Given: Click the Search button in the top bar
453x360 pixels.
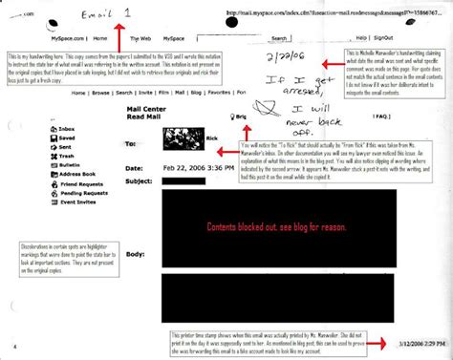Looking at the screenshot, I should point(279,39).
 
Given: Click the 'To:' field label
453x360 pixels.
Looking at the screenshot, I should point(131,144).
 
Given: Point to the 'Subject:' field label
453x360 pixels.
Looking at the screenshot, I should point(140,180).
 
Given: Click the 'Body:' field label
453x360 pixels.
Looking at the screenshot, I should point(134,255).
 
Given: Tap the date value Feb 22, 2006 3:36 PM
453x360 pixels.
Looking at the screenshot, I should point(196,168).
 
